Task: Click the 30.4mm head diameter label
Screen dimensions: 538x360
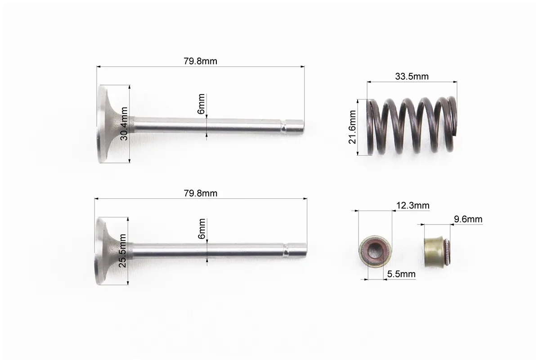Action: coord(124,124)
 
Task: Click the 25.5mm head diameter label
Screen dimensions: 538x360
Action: coord(122,251)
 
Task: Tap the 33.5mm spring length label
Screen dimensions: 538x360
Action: coord(412,76)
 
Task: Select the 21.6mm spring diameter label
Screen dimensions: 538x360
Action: coord(352,127)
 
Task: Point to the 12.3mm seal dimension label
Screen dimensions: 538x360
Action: coord(413,206)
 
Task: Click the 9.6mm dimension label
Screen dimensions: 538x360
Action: coord(468,219)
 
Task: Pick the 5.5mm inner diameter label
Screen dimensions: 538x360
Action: coord(401,274)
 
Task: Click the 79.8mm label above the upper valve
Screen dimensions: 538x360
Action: coord(200,61)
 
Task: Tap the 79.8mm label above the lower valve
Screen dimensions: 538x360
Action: coord(200,193)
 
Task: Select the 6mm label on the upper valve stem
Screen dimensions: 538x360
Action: coord(201,103)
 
